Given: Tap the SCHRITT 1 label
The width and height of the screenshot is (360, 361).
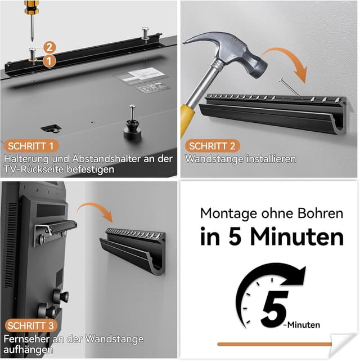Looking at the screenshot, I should click(x=29, y=146).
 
